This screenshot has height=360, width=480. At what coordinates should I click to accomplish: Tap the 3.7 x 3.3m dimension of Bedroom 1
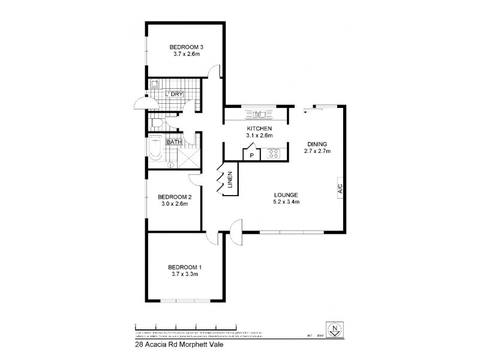(x=184, y=274)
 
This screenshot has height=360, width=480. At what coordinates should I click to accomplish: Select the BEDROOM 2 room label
(x=175, y=197)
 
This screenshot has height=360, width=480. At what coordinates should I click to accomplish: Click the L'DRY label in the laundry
(x=174, y=94)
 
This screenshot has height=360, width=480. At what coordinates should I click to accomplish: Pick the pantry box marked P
(x=251, y=155)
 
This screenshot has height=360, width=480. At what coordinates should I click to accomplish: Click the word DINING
(x=317, y=144)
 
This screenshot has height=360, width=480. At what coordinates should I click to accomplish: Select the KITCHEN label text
(x=260, y=129)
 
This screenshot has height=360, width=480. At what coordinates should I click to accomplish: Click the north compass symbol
(x=337, y=328)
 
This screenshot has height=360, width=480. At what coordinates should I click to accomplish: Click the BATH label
(x=174, y=142)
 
